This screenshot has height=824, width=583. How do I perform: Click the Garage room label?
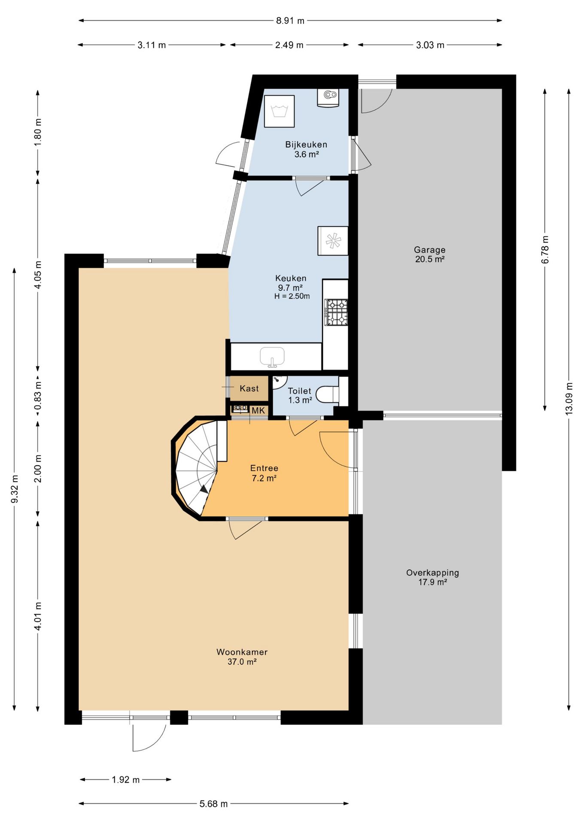coord(429,250)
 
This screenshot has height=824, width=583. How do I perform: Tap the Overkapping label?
coord(432,573)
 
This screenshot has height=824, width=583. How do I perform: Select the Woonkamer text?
coord(242,652)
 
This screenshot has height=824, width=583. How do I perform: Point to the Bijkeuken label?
coord(306,145)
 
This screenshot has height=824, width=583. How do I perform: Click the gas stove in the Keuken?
coord(336,312)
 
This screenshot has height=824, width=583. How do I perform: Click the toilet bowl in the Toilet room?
coord(328,394)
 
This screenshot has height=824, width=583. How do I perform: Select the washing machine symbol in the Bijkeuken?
coord(279,111)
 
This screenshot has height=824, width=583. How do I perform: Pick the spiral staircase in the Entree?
coord(198,467)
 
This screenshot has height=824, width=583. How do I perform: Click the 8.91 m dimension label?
coord(290,21)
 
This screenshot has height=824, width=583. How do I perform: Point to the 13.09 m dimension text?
coord(569,398)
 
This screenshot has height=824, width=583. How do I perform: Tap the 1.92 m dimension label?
coord(126,780)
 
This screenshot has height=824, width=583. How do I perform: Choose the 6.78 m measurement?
coord(545,250)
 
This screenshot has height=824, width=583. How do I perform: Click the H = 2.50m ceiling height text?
coord(292,296)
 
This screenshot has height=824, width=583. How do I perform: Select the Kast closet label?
coord(249,388)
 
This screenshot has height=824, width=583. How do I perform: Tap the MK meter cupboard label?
coord(258,411)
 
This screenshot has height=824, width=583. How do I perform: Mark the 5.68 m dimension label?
coord(213,804)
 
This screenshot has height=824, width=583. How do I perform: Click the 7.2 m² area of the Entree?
coord(264,478)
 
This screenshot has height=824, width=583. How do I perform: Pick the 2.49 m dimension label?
coord(289,45)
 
